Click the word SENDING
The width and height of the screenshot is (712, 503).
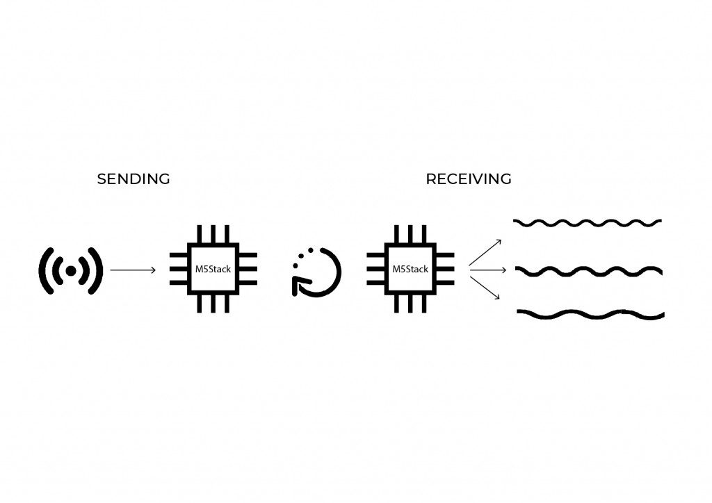click(x=133, y=179)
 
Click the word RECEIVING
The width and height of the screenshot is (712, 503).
click(x=469, y=179)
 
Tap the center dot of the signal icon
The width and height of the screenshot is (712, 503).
click(x=71, y=271)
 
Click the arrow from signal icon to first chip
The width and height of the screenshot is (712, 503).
click(x=133, y=270)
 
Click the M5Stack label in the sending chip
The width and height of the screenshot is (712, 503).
click(x=213, y=269)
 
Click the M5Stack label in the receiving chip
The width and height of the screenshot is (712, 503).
click(x=410, y=269)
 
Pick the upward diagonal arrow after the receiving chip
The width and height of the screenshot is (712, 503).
click(x=485, y=253)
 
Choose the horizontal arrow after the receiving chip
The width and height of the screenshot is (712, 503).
click(x=488, y=270)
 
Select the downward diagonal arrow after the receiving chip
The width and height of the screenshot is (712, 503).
click(x=485, y=288)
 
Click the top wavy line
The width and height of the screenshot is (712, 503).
click(x=588, y=223)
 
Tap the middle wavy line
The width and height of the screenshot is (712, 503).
click(x=588, y=271)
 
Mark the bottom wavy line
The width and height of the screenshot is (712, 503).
click(x=590, y=314)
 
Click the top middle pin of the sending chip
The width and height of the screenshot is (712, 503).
click(x=213, y=234)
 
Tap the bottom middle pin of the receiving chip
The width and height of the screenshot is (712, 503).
click(x=410, y=304)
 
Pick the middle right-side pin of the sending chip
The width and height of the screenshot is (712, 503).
click(x=248, y=269)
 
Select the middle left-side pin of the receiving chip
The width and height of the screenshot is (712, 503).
click(x=375, y=269)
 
